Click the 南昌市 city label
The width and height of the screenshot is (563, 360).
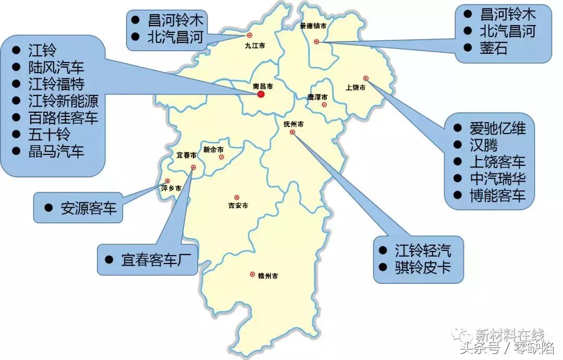(263, 86)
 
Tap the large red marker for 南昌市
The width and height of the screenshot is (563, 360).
(261, 94)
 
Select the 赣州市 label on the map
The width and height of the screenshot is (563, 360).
(267, 275)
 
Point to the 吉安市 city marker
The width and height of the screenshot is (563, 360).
(237, 197)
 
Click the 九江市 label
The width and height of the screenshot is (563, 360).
(255, 45)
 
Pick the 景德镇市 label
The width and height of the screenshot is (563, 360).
(313, 26)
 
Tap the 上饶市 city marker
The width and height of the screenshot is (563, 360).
(366, 78)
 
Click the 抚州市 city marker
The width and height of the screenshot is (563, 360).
(292, 133)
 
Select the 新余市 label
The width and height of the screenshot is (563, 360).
(213, 149)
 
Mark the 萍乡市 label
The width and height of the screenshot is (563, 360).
(171, 188)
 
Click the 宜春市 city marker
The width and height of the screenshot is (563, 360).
(193, 167)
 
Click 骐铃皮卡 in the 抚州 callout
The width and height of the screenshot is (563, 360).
(422, 268)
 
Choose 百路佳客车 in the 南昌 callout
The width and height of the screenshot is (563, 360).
(63, 117)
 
